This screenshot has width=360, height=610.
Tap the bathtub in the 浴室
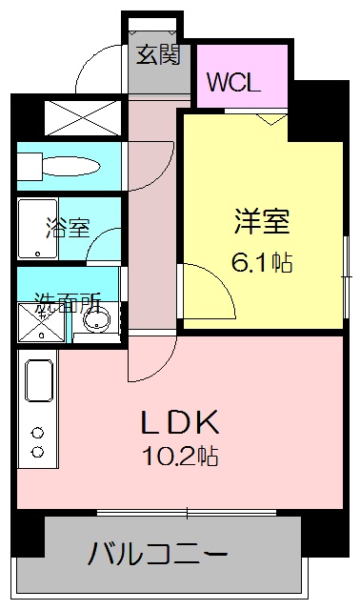coord(36,229)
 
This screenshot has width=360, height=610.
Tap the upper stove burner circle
coord(38,431)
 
